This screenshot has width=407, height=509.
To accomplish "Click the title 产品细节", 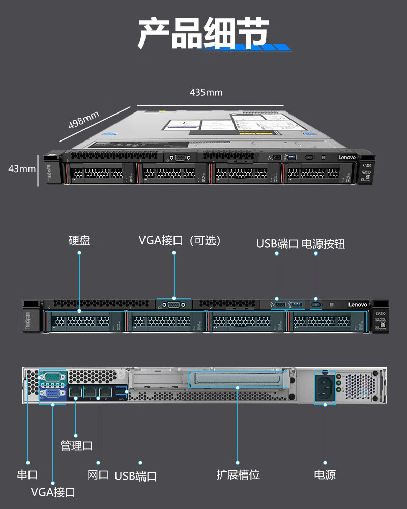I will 203,34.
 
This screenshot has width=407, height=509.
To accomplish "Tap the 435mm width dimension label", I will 206,92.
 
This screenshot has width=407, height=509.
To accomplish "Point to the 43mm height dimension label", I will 22,168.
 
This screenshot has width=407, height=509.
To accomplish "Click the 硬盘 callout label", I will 79,240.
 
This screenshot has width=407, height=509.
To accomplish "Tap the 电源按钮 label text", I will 324,244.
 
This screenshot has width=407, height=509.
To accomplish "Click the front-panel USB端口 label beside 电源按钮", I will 277,244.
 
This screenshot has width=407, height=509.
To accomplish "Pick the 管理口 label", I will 76,446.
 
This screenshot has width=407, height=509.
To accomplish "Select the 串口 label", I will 27,475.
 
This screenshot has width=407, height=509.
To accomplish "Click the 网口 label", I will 98,475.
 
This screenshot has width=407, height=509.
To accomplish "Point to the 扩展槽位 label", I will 238,475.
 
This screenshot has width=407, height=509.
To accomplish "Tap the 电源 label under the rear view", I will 325,475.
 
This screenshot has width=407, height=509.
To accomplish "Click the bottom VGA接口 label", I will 53,492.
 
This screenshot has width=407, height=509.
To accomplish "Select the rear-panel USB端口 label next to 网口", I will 135,476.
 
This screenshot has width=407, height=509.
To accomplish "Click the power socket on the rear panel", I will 324,387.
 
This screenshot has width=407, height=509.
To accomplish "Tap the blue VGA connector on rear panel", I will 52,393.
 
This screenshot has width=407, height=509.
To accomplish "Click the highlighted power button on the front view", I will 316,304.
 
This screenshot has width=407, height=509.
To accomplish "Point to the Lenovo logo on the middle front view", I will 357,304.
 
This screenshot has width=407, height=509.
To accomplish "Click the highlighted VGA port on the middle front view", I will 174,304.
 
